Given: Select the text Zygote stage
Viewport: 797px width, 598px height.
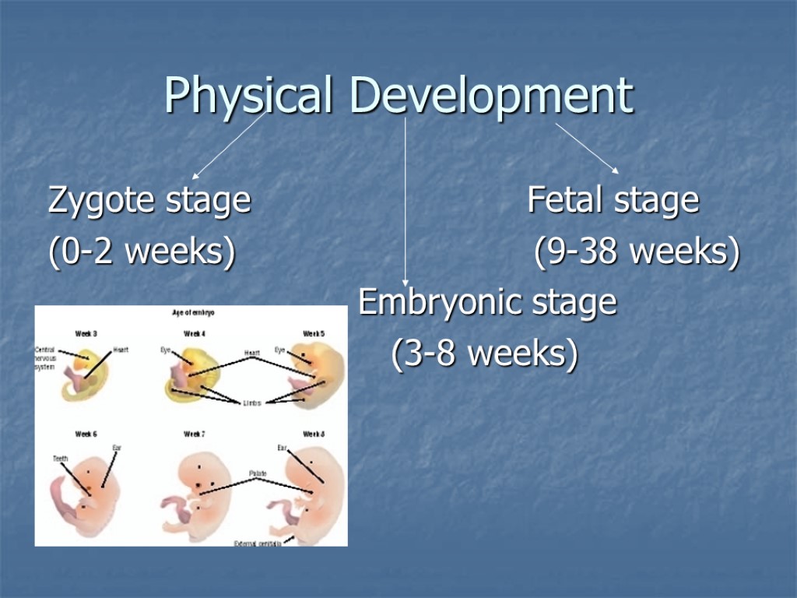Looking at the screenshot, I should (x=149, y=200).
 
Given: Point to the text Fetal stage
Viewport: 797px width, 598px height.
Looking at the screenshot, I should (x=613, y=200).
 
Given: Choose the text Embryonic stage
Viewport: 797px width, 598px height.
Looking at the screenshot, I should (x=487, y=303).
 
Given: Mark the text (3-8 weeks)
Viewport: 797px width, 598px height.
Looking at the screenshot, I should (x=485, y=354).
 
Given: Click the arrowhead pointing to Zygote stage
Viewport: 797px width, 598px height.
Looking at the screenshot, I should (x=196, y=175).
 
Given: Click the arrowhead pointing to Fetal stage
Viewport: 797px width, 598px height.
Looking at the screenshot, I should (x=614, y=169).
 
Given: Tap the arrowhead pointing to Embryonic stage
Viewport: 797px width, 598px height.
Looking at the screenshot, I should (x=405, y=282).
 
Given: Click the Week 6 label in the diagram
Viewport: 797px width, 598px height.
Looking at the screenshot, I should (x=86, y=434).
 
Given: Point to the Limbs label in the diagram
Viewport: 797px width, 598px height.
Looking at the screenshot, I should (x=252, y=403).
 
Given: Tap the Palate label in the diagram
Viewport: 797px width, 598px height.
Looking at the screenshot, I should (x=258, y=473).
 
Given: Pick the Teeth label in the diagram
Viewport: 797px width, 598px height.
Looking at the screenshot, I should (x=61, y=459).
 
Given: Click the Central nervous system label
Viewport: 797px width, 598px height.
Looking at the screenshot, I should (x=45, y=358).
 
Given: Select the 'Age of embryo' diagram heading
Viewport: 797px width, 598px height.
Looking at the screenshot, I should (x=193, y=312).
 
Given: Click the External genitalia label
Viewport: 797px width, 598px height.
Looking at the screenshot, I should (x=258, y=543).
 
